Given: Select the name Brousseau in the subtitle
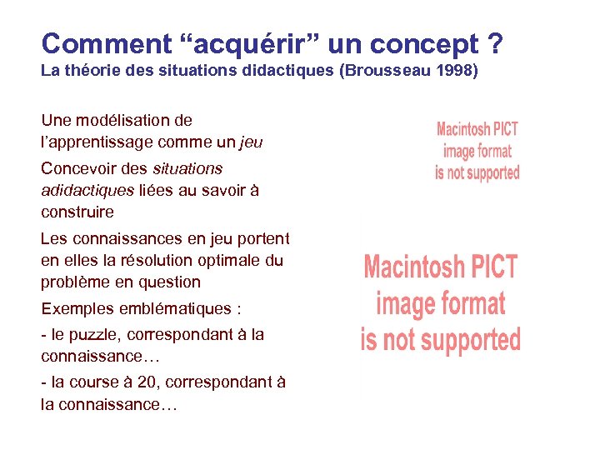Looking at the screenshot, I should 384,71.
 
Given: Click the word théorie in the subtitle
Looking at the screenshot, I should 89,71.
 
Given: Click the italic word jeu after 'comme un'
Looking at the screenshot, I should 251,142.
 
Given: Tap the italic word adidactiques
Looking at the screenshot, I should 87,190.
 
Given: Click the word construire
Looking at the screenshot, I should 77,212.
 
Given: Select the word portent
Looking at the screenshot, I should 263,238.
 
